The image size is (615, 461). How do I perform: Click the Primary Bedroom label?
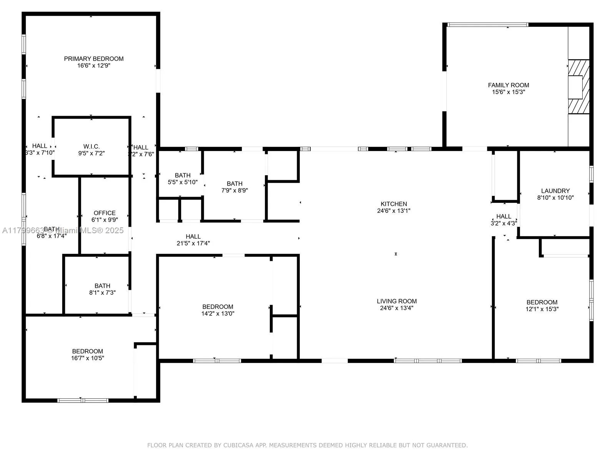[94, 59]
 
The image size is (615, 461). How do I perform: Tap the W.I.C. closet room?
[91, 146]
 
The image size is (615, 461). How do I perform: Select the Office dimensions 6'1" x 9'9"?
[105, 220]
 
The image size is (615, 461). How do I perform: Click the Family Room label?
[508, 85]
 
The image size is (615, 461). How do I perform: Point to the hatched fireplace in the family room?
[578, 86]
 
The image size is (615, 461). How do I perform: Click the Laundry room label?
[555, 191]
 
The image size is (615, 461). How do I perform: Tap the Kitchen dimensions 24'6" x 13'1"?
[394, 211]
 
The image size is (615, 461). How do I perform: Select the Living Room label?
[396, 301]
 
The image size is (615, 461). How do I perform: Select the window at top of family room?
[488, 25]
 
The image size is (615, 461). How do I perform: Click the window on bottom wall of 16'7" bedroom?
[83, 400]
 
